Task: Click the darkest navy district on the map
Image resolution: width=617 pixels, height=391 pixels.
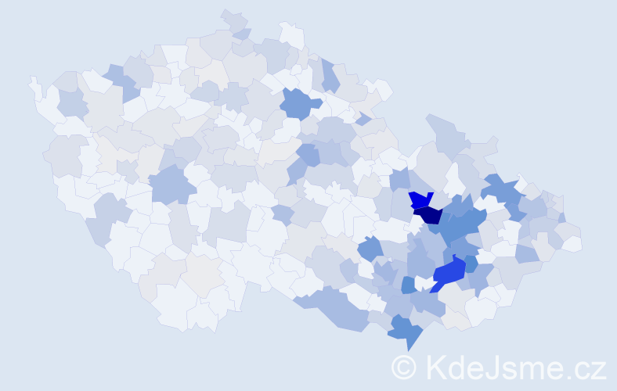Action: pos(429,214)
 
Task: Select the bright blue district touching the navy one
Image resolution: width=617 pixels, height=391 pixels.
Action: pos(420,199)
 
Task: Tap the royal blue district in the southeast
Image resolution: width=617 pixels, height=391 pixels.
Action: pos(448,273)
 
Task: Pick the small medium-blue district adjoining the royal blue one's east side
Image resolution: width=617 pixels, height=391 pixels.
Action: pos(471,264)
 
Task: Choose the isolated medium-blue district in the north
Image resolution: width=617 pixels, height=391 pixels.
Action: pos(299,102)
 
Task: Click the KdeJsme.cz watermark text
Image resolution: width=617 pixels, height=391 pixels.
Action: pos(513,367)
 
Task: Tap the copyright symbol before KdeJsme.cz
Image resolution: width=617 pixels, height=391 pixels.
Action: pos(404,367)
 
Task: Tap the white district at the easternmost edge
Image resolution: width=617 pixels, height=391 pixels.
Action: pos(572,244)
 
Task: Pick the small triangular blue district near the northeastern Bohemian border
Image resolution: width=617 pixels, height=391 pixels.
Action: pos(363,119)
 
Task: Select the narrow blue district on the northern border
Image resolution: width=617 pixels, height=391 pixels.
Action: pos(330,77)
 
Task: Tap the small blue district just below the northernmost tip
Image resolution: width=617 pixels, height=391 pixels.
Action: pos(243,34)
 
